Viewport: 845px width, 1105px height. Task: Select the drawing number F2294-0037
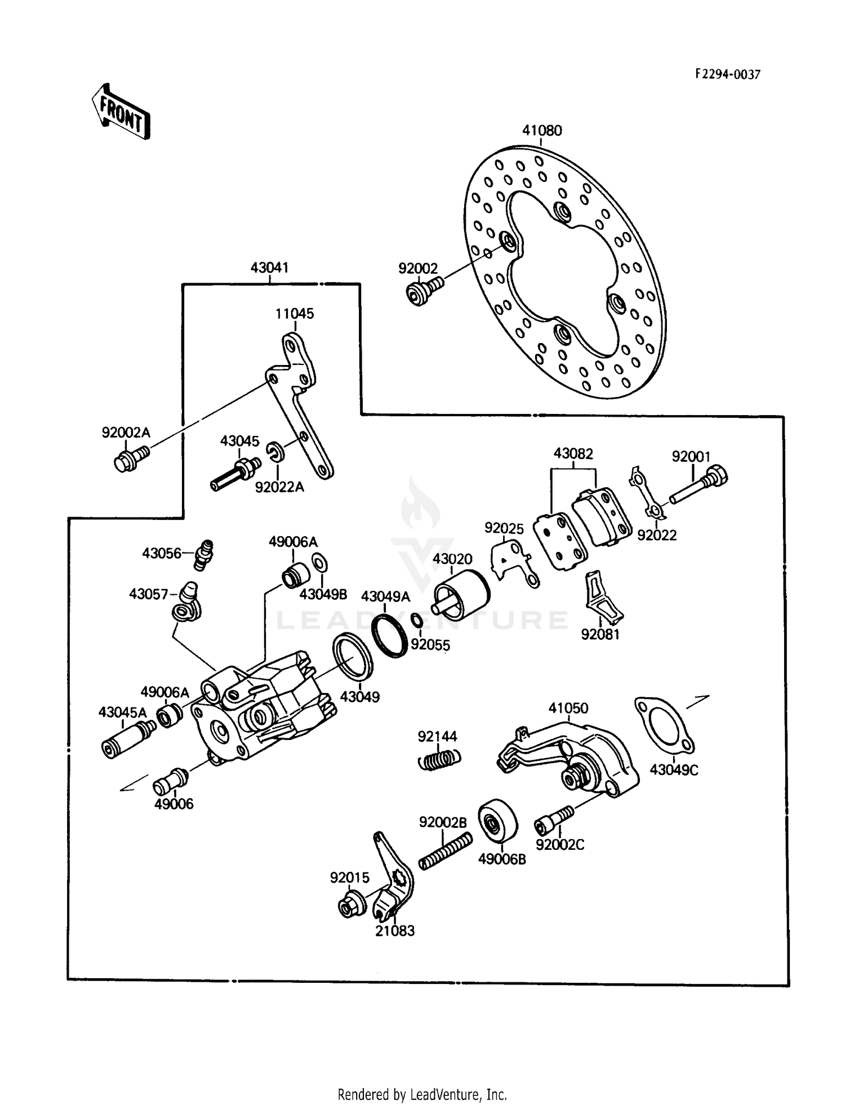pyautogui.click(x=727, y=74)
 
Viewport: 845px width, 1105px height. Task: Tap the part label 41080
pyautogui.click(x=541, y=131)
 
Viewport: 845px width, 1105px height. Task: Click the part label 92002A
pyautogui.click(x=126, y=433)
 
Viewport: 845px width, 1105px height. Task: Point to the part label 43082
pyautogui.click(x=573, y=453)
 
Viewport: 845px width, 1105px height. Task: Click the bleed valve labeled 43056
pyautogui.click(x=206, y=554)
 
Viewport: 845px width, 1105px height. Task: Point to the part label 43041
pyautogui.click(x=269, y=268)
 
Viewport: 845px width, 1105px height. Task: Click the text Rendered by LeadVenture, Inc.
pyautogui.click(x=422, y=1093)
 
